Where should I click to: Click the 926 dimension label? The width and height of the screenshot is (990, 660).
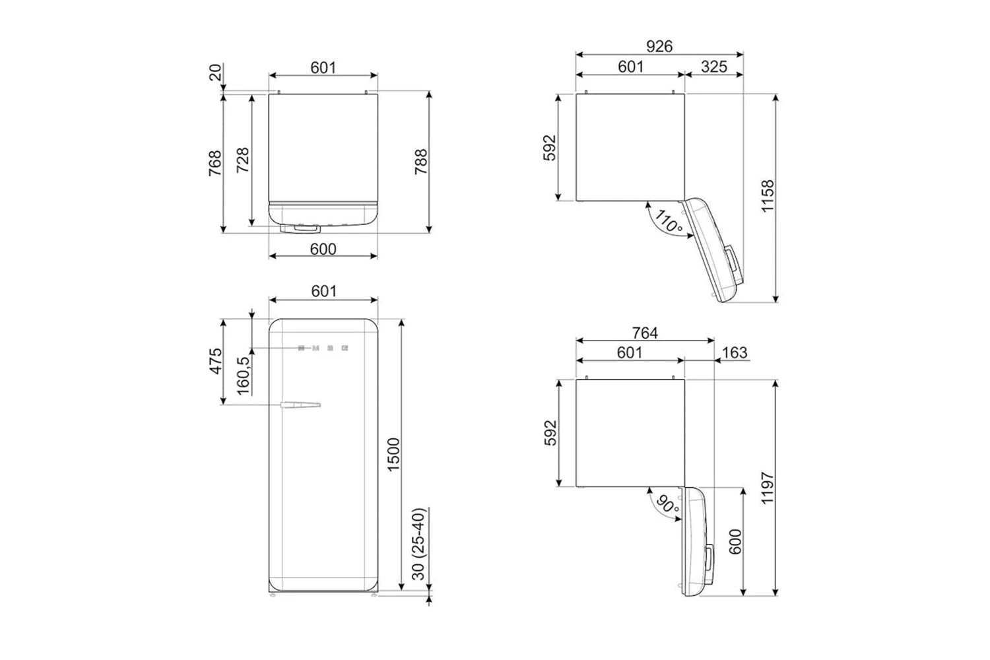click(659, 46)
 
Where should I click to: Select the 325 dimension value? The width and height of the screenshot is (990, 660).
click(714, 66)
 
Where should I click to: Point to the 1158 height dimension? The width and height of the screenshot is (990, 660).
click(767, 196)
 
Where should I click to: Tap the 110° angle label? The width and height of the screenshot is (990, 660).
click(668, 221)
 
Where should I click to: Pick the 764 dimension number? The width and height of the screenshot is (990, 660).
click(645, 333)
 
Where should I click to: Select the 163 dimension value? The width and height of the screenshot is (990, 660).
click(735, 352)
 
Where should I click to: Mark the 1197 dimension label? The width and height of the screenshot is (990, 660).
click(767, 488)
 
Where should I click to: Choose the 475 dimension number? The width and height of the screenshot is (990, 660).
click(216, 362)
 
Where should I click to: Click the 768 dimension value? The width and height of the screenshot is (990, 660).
click(216, 163)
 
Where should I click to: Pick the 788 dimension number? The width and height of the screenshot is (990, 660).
click(420, 162)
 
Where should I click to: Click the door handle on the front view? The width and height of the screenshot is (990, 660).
click(300, 405)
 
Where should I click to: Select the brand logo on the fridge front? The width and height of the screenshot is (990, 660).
click(323, 348)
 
